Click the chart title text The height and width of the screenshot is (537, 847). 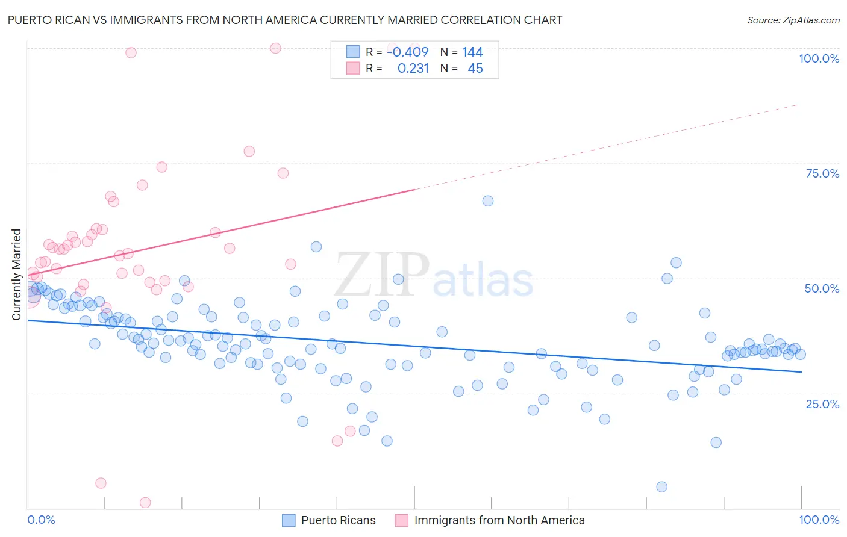point(285,20)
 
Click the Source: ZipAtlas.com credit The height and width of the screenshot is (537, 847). point(793,20)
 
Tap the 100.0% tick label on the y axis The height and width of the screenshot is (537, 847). point(819,58)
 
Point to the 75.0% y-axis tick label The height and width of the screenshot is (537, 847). point(822,173)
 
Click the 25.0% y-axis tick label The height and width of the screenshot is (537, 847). point(822,403)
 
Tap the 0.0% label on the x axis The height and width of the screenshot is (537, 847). point(41,520)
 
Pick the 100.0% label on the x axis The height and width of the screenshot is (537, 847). point(819,520)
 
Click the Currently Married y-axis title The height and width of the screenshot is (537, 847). point(16,275)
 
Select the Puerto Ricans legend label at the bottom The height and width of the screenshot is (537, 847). point(338,520)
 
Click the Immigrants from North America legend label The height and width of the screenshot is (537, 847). point(499,520)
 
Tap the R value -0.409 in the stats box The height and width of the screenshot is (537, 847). point(408,52)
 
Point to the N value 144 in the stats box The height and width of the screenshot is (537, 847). point(472,52)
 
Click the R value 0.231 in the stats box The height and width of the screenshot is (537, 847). point(413,69)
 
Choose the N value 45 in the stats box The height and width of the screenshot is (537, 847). point(475,69)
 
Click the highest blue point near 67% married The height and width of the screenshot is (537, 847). point(488,201)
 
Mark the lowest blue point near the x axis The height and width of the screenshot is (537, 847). point(661,487)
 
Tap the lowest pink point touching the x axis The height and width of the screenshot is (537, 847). point(145,503)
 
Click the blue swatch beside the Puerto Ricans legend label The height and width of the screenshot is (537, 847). point(289,520)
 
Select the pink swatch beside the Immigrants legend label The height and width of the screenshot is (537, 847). point(402,520)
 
